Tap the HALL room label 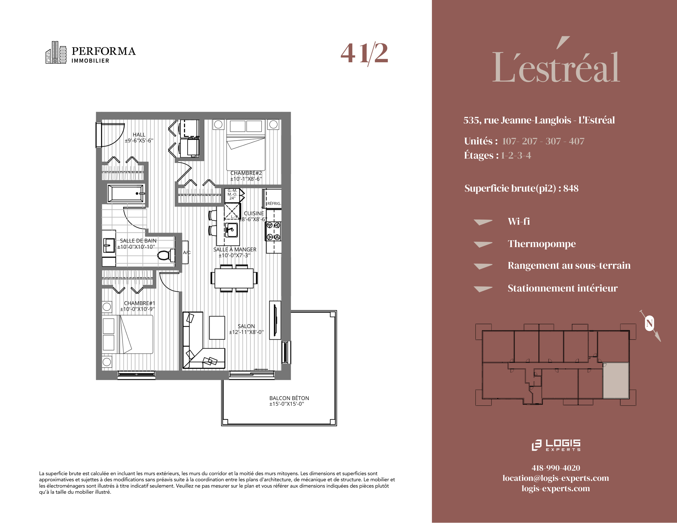coord(139,135)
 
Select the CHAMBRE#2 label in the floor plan coord(246,173)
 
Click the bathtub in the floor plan coord(126,194)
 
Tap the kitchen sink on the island coord(231,230)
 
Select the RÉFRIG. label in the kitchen coord(274,204)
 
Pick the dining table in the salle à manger coord(234,278)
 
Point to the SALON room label coord(246,326)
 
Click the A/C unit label coord(187,252)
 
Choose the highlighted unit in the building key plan coord(616,380)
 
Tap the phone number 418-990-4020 coord(556,468)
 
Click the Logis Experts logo coord(556,445)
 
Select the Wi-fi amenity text coord(519,221)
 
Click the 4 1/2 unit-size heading coord(364,53)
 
